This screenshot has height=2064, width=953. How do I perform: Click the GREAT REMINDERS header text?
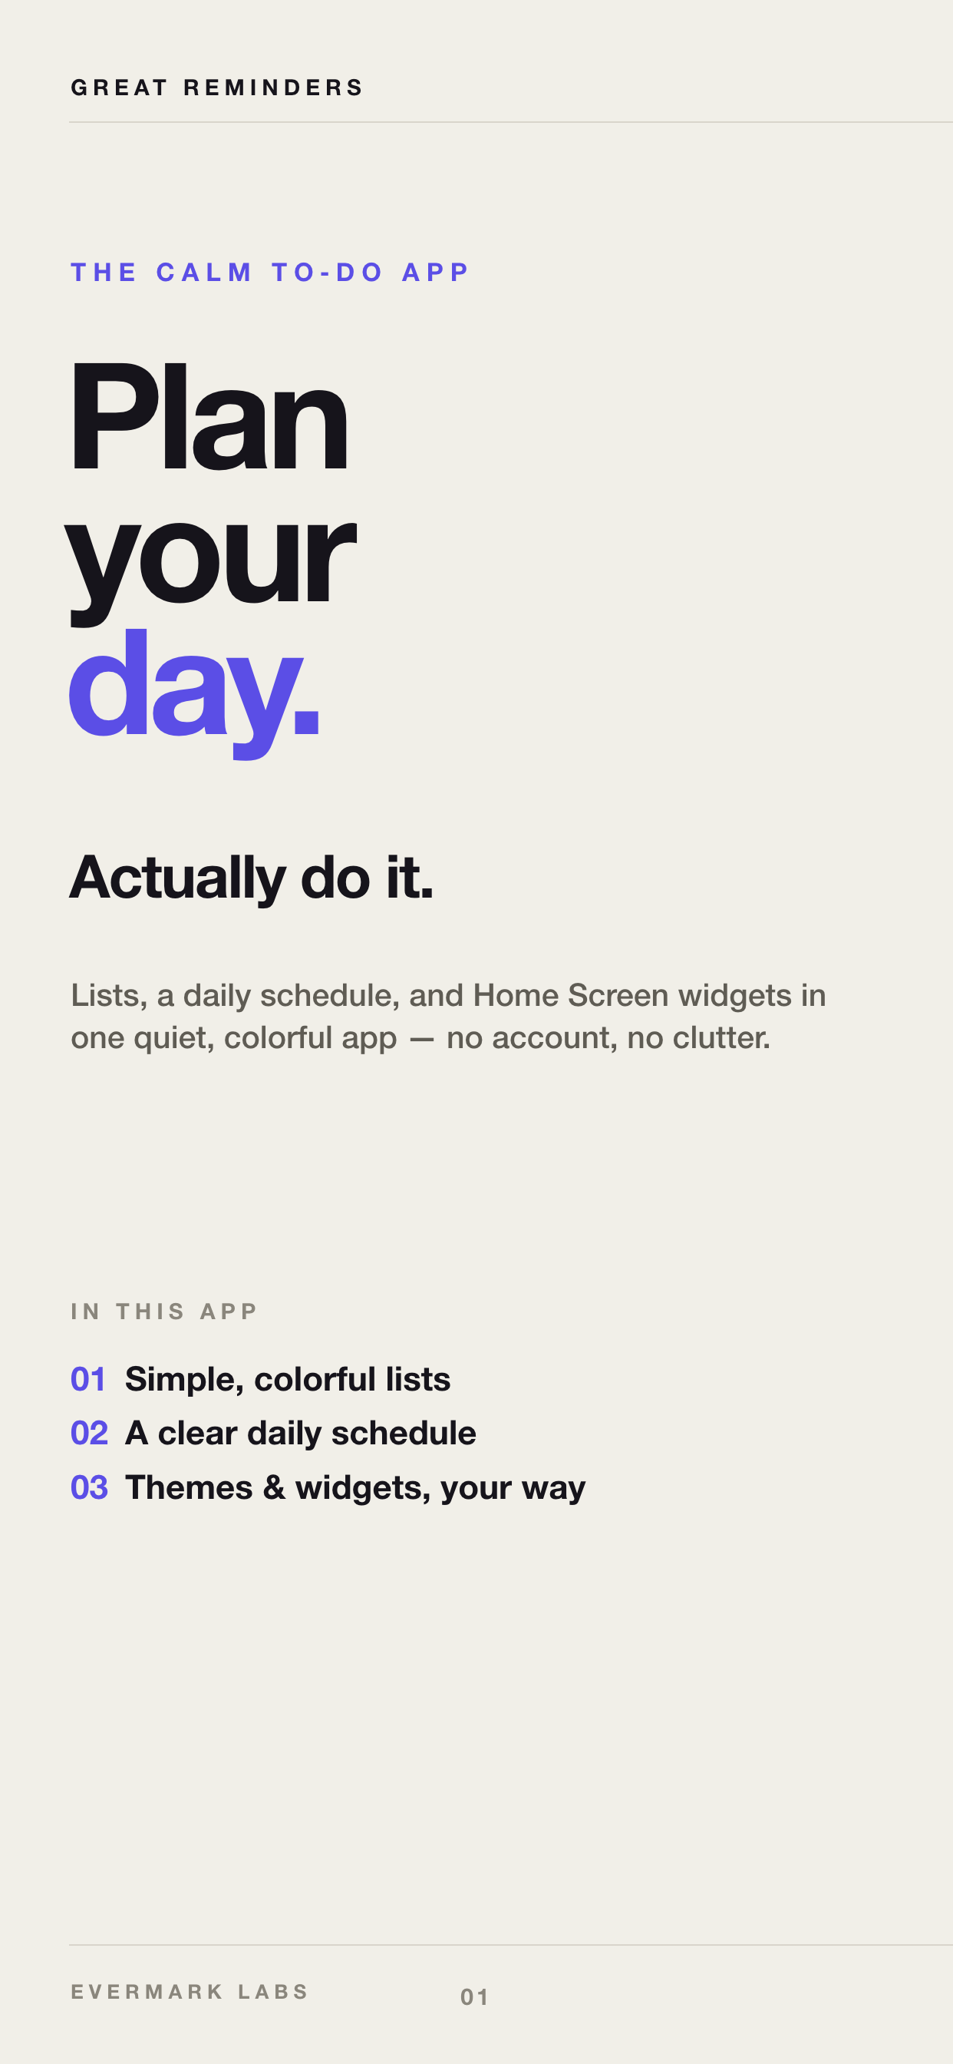[x=217, y=88]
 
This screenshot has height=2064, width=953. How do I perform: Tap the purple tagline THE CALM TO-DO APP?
[x=270, y=273]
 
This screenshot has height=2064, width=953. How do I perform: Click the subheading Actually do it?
[x=252, y=878]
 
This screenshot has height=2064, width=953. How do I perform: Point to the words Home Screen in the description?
[x=570, y=995]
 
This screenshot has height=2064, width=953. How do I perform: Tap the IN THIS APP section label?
[x=164, y=1311]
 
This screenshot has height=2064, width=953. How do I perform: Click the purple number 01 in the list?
[x=88, y=1380]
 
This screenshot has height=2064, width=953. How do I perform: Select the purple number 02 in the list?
[x=89, y=1434]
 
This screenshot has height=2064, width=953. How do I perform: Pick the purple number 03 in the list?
[x=89, y=1488]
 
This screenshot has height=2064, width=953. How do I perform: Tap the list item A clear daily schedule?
[x=300, y=1434]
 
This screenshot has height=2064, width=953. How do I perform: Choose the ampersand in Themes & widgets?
[x=274, y=1488]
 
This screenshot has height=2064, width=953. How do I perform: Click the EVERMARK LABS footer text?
[x=190, y=1992]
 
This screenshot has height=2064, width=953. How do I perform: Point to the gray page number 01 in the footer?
[x=474, y=1996]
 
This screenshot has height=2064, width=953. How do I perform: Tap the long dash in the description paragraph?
[x=421, y=1039]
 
